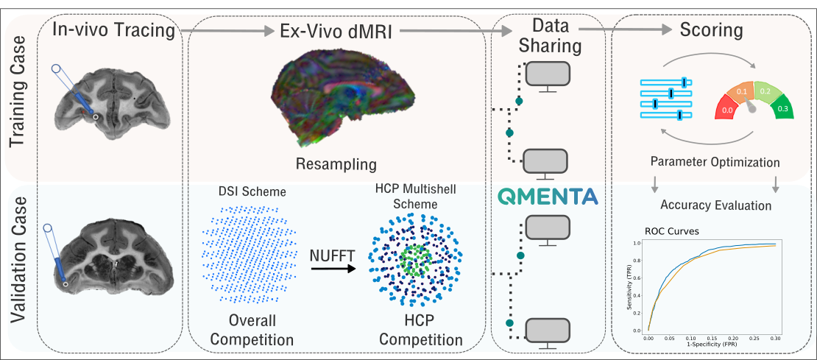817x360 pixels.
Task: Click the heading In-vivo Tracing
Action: (x=113, y=32)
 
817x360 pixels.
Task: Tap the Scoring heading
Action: (x=711, y=32)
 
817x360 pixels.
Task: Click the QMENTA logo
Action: (x=548, y=197)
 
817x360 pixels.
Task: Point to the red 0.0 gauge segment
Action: (x=728, y=109)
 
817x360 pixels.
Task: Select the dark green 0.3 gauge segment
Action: (x=782, y=108)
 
